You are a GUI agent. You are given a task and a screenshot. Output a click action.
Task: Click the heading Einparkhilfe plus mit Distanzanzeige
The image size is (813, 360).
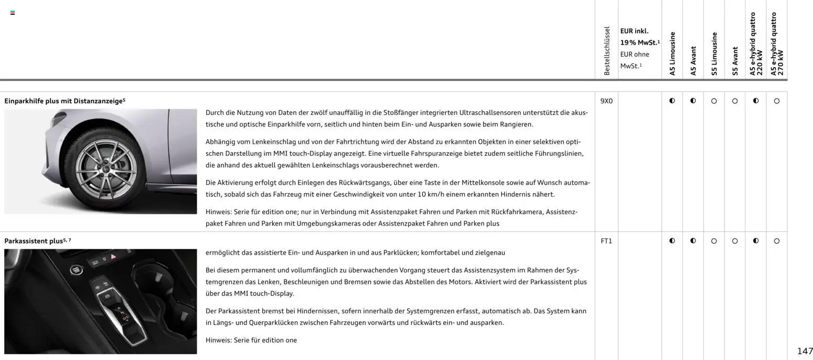coord(63,101)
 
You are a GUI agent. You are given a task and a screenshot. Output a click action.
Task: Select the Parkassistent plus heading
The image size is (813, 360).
coord(34,241)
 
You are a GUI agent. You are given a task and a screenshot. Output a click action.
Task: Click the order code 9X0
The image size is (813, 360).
coord(606,101)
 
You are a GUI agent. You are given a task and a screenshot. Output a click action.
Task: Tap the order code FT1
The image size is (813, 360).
coord(606,241)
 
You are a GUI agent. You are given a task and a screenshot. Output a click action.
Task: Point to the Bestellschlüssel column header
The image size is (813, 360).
coord(607,51)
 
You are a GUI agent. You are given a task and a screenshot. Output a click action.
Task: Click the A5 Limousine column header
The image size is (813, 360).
coord(672,54)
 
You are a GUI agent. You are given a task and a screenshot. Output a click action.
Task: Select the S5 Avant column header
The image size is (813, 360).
coord(735,61)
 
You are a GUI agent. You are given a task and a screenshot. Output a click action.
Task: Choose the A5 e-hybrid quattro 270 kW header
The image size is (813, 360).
coord(777,44)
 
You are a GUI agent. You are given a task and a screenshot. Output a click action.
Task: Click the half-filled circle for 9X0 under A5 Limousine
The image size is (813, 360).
coord(672,101)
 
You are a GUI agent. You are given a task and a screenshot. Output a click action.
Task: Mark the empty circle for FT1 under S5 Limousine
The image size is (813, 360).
coord(714,241)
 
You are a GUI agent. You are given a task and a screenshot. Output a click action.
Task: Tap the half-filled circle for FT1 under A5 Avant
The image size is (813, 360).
coord(693,241)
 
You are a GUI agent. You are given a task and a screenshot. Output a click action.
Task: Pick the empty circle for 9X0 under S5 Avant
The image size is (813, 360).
coord(735,101)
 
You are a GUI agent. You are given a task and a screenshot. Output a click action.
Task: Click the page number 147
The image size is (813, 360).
coord(805,351)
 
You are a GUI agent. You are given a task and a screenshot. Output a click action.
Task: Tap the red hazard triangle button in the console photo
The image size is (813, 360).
coord(113,257)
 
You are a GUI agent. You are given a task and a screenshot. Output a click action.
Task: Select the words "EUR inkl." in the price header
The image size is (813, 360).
coord(634,31)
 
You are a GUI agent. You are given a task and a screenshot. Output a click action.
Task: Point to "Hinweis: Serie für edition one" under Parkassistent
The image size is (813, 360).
coord(251,340)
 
